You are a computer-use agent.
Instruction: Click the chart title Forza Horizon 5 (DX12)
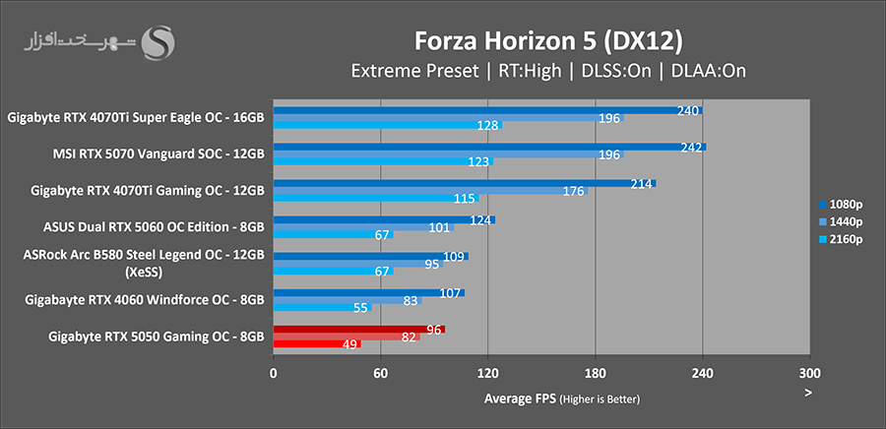[x=545, y=40]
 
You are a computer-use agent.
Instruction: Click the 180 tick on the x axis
[x=595, y=374]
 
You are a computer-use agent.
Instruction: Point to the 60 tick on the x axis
[x=380, y=374]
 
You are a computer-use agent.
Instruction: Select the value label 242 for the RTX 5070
[x=692, y=147]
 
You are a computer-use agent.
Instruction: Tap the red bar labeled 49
[x=317, y=344]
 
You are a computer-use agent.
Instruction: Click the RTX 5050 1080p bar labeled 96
[x=358, y=329]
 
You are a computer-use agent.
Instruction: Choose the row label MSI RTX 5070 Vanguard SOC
[x=158, y=153]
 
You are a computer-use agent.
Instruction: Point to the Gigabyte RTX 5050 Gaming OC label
[x=156, y=337]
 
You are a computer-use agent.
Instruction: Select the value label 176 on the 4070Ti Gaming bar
[x=574, y=191]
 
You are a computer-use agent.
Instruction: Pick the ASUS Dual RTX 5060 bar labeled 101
[x=364, y=227]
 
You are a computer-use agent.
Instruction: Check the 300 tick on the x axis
[x=808, y=374]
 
